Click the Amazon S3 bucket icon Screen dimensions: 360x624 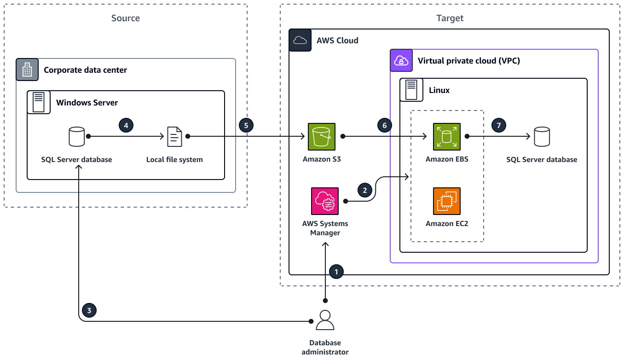[x=322, y=137]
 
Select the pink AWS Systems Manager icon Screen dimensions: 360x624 [x=325, y=201]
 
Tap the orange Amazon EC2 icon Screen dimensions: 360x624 [x=447, y=201]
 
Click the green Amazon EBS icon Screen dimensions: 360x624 [x=447, y=137]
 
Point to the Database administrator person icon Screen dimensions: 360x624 [x=325, y=320]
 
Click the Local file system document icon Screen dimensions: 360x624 [x=174, y=137]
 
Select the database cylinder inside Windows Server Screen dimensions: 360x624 [x=76, y=137]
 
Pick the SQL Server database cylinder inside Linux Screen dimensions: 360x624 [x=542, y=137]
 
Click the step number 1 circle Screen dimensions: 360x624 [x=336, y=272]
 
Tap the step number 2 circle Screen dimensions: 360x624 [x=365, y=190]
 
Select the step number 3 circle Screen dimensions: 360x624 [x=89, y=310]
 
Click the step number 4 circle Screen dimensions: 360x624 [x=126, y=125]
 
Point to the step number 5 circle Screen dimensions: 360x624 [x=246, y=125]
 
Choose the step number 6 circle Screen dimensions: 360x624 [x=384, y=125]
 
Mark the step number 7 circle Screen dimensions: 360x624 [x=498, y=125]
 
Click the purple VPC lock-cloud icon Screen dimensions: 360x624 [x=401, y=61]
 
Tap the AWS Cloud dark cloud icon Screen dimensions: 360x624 [x=300, y=41]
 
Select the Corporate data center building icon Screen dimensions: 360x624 [x=27, y=70]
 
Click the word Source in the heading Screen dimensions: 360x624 [x=126, y=18]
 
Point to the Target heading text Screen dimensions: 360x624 [x=450, y=18]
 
